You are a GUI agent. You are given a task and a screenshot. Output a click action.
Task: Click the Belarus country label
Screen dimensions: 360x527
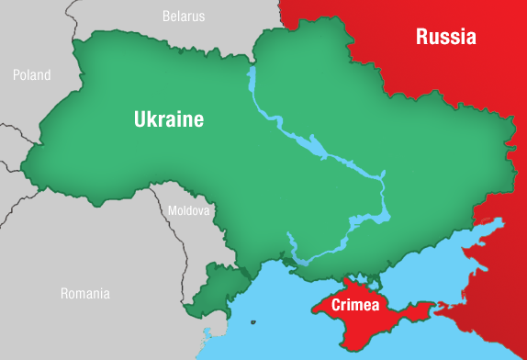point(184,16)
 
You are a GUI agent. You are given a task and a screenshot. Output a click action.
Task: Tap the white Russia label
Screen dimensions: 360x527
point(445,37)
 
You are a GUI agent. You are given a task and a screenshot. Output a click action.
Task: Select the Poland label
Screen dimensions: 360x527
point(31,74)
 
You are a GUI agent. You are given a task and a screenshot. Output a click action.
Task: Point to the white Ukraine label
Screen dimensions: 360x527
point(168,119)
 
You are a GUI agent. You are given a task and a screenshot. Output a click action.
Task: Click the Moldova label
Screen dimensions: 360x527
point(189,210)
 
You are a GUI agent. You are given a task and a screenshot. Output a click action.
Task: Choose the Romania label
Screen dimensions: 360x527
point(84,294)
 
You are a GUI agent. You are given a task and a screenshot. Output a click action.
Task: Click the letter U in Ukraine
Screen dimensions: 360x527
point(140,119)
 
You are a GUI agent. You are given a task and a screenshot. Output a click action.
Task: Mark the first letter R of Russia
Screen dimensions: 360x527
point(421,37)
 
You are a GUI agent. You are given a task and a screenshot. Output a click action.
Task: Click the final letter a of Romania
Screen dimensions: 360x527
point(106,295)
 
